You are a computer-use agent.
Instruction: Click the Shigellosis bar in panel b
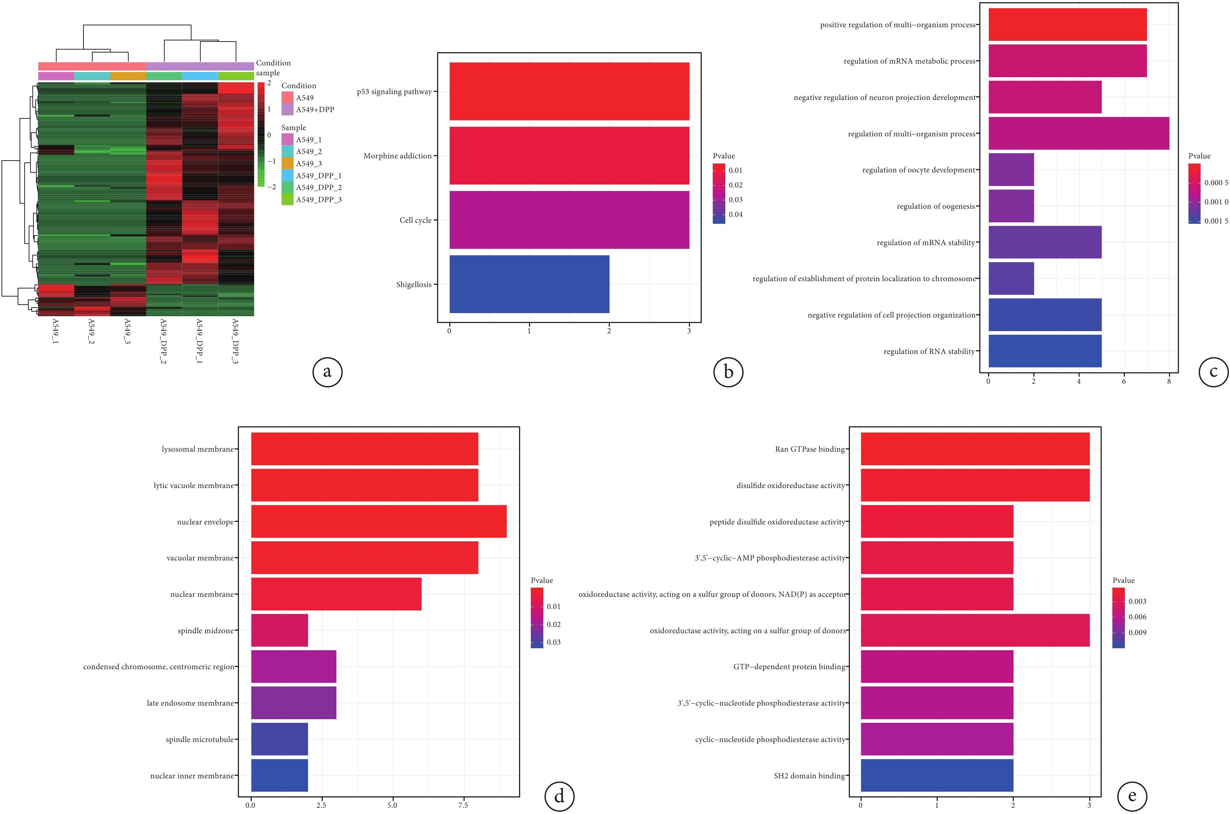pyautogui.click(x=529, y=284)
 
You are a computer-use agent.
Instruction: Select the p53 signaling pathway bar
pyautogui.click(x=569, y=92)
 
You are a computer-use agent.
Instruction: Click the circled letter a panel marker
pyautogui.click(x=327, y=372)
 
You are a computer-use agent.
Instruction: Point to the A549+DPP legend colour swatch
pyautogui.click(x=287, y=110)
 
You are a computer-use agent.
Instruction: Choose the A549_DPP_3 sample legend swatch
pyautogui.click(x=287, y=199)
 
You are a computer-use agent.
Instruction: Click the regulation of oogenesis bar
pyautogui.click(x=1011, y=206)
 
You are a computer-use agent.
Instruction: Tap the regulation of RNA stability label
pyautogui.click(x=929, y=351)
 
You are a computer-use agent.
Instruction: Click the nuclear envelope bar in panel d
pyautogui.click(x=379, y=521)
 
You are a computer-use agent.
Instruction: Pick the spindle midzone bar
pyautogui.click(x=279, y=630)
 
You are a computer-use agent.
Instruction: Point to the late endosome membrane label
pyautogui.click(x=190, y=703)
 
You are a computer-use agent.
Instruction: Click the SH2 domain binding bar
pyautogui.click(x=937, y=775)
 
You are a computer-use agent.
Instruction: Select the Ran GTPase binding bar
pyautogui.click(x=975, y=449)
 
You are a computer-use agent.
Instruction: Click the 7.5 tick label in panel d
pyautogui.click(x=462, y=805)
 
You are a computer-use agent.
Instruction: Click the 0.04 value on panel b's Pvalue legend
pyautogui.click(x=735, y=214)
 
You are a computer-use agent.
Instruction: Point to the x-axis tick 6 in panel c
pyautogui.click(x=1123, y=381)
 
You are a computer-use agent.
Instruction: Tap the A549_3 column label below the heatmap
pyautogui.click(x=127, y=331)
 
